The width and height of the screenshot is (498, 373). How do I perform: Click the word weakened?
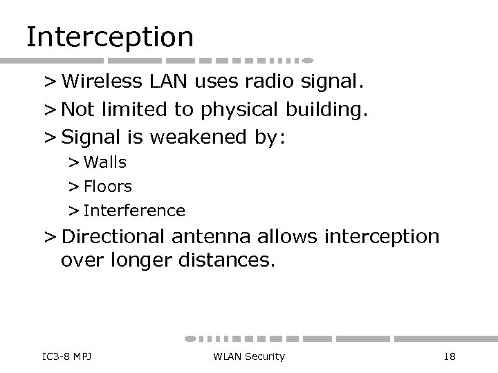coord(192,137)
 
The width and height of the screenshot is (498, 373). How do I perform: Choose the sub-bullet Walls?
coord(105,164)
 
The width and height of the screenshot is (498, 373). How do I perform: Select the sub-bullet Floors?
coord(108,186)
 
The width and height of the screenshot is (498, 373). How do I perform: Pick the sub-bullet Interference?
coord(134,210)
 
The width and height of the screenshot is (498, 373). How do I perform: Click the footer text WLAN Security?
coord(249,356)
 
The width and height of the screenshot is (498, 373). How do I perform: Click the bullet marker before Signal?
coord(50,137)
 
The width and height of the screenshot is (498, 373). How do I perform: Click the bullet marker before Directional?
coord(50,238)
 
